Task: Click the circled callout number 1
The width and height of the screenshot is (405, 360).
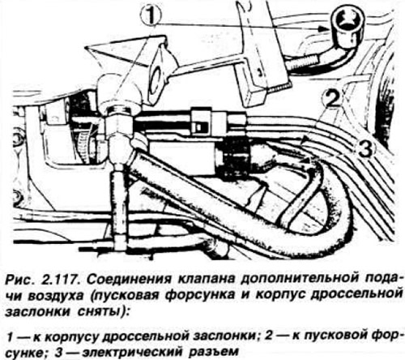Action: tap(151, 15)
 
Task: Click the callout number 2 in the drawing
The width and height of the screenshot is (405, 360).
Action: tap(332, 99)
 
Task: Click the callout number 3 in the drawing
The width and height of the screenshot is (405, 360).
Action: tap(365, 149)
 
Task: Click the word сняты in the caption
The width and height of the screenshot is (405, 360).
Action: tap(101, 312)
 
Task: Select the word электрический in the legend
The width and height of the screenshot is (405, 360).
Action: tap(130, 352)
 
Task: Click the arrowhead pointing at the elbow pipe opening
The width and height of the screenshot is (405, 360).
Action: tap(324, 28)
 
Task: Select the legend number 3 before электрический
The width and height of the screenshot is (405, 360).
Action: tap(59, 353)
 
